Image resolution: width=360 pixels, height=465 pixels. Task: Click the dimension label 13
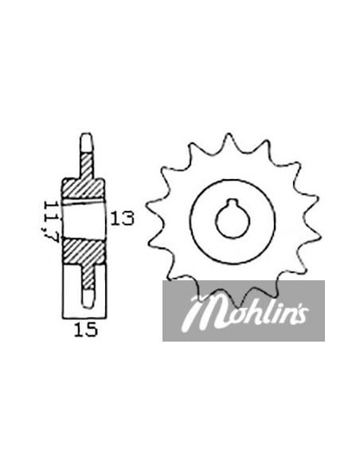(122, 218)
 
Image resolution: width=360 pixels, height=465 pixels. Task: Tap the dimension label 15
(85, 330)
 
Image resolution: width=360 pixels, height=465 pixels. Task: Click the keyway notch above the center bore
(233, 203)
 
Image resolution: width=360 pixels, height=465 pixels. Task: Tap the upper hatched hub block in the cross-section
(84, 189)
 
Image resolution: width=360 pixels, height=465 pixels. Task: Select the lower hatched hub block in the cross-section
(84, 251)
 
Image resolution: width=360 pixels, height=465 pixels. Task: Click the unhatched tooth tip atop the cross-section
(87, 143)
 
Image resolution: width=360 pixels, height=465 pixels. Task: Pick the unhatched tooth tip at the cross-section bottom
(88, 298)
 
